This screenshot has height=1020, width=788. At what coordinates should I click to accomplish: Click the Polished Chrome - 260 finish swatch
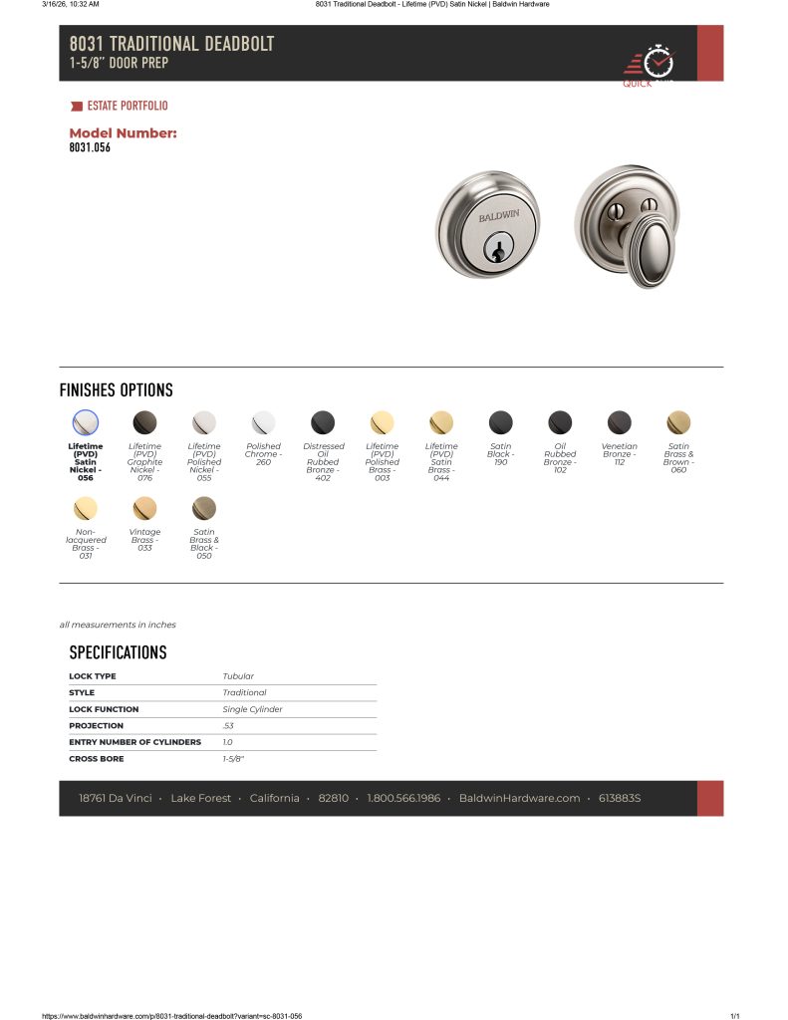tap(263, 422)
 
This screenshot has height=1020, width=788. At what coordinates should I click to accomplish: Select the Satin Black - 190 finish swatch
tap(501, 422)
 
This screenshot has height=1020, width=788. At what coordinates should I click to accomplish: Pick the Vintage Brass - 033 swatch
tap(144, 508)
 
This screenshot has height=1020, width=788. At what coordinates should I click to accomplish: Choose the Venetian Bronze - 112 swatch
tap(620, 422)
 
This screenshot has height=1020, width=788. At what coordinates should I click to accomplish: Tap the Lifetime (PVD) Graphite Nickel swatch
tap(144, 422)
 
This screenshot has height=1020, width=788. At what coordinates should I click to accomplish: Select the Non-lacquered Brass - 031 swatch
tap(86, 508)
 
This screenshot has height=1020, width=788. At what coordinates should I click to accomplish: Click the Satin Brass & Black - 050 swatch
tap(204, 508)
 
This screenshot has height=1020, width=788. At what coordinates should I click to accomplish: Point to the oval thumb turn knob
tap(652, 250)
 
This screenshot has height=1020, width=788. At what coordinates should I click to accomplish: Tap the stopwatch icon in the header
tap(657, 62)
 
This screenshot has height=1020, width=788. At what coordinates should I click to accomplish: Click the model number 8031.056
tap(90, 148)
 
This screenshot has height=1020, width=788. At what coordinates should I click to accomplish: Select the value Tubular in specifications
tap(238, 676)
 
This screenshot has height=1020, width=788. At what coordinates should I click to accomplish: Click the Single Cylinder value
tap(252, 709)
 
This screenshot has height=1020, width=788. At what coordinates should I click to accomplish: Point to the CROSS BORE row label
tap(97, 759)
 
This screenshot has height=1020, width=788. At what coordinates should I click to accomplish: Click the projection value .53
tap(228, 726)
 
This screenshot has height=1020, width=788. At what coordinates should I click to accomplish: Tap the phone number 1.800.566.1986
tap(403, 798)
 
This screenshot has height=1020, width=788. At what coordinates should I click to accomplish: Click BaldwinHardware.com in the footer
tap(519, 798)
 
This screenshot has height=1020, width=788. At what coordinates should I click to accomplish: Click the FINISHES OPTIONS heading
tap(116, 390)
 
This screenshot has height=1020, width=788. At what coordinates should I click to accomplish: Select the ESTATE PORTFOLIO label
tap(128, 106)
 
